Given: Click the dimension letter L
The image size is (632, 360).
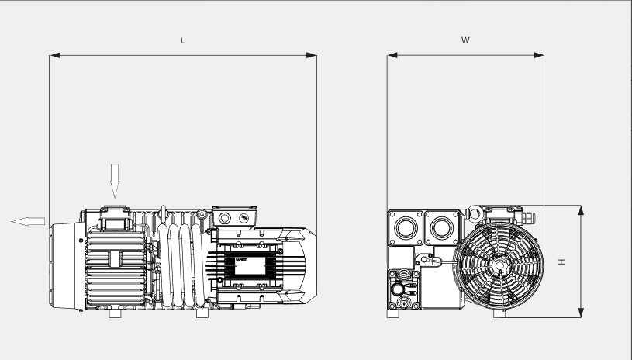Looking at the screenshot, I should pyautogui.click(x=183, y=40).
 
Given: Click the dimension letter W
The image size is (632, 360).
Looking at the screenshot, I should pyautogui.click(x=465, y=40).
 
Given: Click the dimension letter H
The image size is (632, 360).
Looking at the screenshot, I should pyautogui.click(x=561, y=261).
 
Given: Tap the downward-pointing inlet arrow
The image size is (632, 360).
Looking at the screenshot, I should pyautogui.click(x=115, y=181).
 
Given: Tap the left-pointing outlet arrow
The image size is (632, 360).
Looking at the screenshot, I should pyautogui.click(x=28, y=221).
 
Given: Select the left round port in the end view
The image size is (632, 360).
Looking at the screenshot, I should pyautogui.click(x=404, y=227).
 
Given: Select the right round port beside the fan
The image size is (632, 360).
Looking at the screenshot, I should pyautogui.click(x=441, y=227).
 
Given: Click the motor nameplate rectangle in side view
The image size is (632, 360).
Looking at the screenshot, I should pyautogui.click(x=247, y=265).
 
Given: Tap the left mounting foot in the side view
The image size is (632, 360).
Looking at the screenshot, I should pyautogui.click(x=115, y=314).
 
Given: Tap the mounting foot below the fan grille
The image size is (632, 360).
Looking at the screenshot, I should pyautogui.click(x=499, y=314).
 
